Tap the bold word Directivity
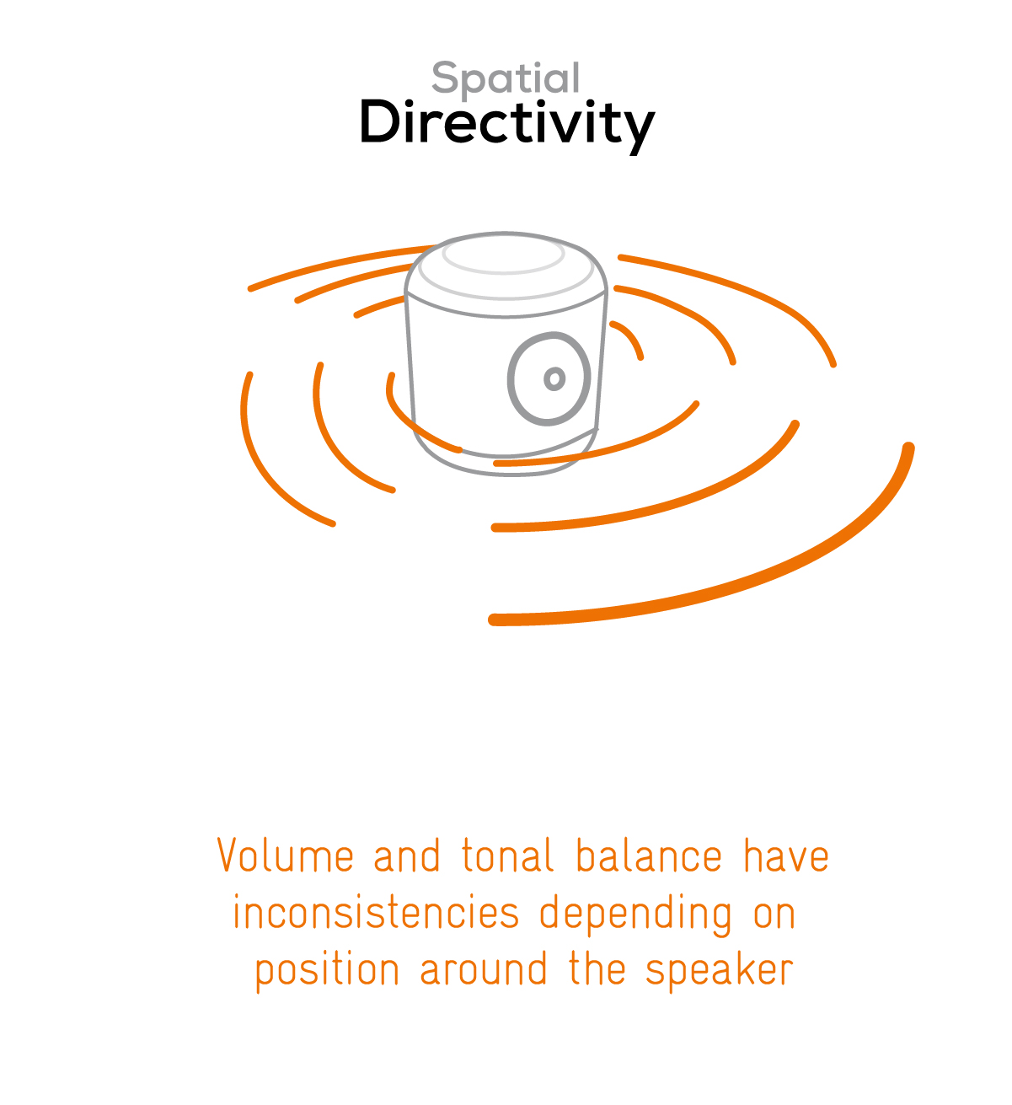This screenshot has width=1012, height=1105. point(506,125)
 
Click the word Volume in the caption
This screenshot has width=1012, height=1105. point(286,854)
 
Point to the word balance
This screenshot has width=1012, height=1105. point(649,854)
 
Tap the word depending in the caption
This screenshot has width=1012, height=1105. point(636,916)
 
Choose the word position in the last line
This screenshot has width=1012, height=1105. point(327,973)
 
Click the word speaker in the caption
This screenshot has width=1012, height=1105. point(719,973)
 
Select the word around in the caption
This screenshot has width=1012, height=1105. point(484,968)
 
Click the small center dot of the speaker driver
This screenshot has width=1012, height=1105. point(554,378)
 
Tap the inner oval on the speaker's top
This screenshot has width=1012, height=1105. point(504,255)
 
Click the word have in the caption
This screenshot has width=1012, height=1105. point(786,854)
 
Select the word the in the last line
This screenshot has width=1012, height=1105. point(597,968)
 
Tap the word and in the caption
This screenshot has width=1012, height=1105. point(406,854)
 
